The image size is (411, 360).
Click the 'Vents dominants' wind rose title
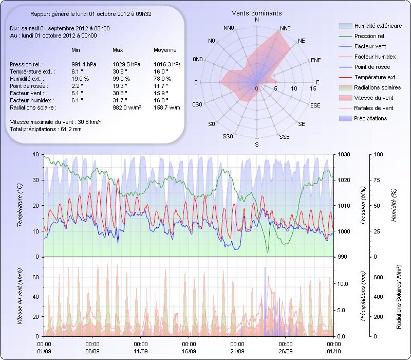point(256,12)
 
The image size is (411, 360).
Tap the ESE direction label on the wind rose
point(315,105)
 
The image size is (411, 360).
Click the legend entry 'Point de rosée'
point(372,67)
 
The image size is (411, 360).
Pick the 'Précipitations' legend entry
point(370,118)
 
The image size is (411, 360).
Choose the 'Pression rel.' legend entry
point(370,36)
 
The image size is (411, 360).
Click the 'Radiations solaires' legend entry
point(375,87)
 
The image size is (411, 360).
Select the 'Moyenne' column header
point(165,50)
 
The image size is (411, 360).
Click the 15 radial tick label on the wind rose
point(313,88)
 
